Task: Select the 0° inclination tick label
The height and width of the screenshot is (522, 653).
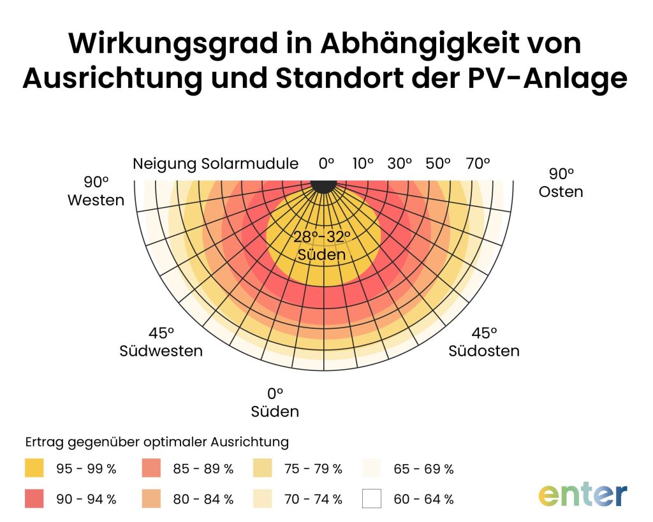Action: click(x=326, y=163)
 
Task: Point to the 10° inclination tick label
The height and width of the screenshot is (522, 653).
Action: click(x=363, y=163)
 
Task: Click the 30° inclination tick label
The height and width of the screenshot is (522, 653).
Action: click(x=400, y=163)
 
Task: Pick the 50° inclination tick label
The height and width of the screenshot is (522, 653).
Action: click(x=438, y=163)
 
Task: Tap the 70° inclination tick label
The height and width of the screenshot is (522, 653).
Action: click(x=477, y=163)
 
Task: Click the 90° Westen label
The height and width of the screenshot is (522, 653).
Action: click(x=96, y=191)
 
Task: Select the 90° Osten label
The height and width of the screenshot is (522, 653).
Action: click(x=561, y=182)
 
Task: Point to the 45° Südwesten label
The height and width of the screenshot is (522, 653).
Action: click(x=161, y=342)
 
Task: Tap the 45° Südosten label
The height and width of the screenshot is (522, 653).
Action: click(x=484, y=342)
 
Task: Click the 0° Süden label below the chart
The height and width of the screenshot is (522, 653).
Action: click(x=275, y=402)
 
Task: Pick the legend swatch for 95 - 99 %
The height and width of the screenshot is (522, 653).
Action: click(x=34, y=468)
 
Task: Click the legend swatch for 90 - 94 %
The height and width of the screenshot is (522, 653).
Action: click(x=34, y=498)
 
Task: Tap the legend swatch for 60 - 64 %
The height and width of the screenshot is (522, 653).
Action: click(x=371, y=498)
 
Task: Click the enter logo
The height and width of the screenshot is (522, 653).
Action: click(x=582, y=494)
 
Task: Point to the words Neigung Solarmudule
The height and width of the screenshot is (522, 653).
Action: click(x=216, y=164)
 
